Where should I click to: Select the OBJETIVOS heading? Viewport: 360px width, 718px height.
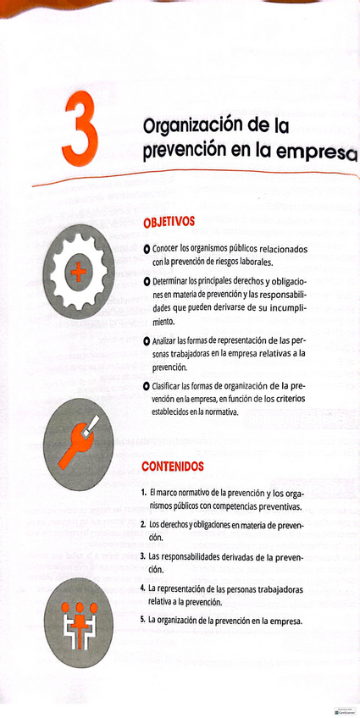coord(169,223)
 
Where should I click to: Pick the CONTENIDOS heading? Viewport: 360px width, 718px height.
coord(172,467)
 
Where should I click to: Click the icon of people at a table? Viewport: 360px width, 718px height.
coord(78,616)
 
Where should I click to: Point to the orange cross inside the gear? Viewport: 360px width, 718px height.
coord(78,272)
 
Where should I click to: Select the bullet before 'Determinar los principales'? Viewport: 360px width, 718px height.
coord(147,280)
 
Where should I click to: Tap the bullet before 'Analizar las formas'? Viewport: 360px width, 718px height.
coord(147,340)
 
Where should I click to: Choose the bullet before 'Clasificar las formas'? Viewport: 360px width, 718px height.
coord(147,386)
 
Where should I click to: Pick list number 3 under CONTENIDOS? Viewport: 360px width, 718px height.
coord(143,556)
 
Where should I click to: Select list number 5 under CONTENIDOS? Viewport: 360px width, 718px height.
coord(143,619)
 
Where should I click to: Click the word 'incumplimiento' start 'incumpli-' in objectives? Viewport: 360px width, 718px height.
coord(280,309)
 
